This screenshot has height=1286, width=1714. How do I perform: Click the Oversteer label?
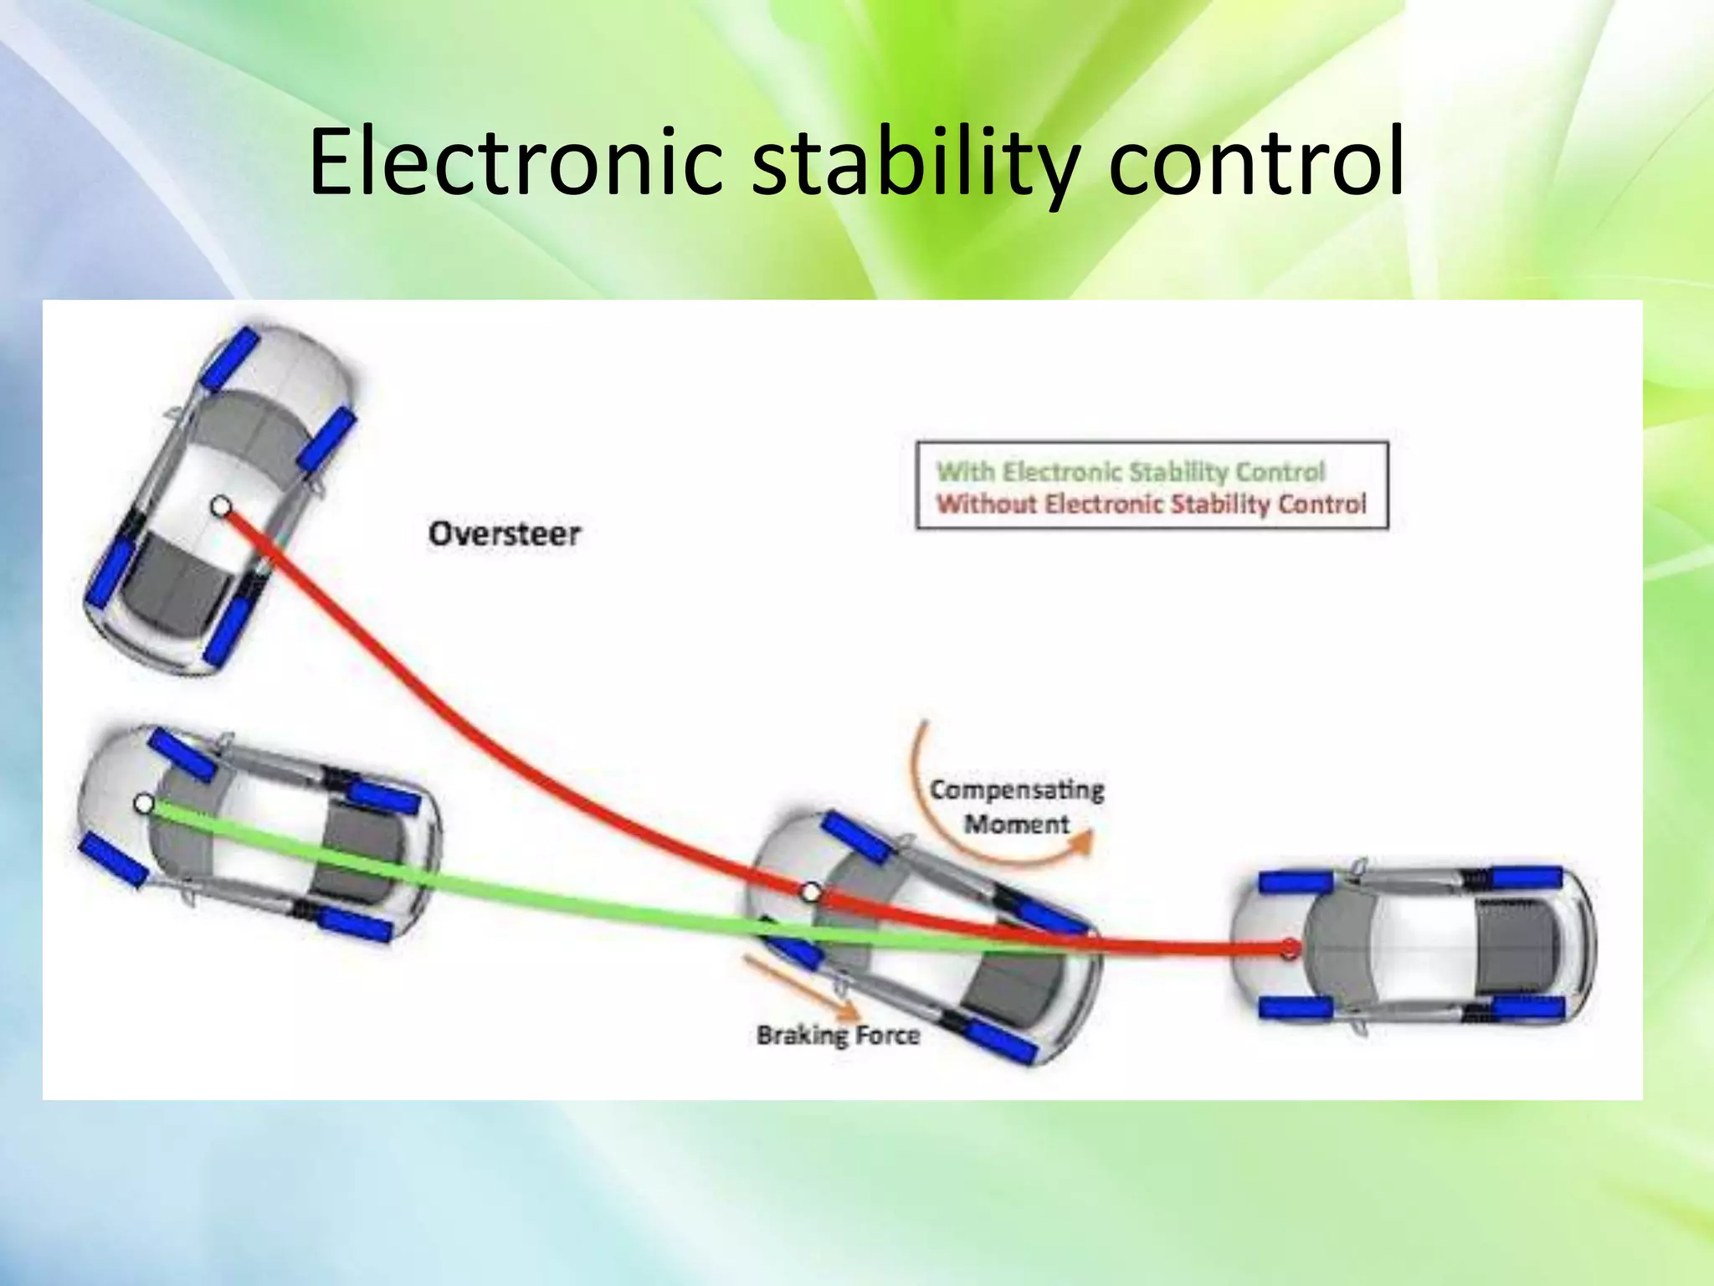point(504,534)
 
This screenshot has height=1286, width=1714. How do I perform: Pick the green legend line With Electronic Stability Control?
point(1130,471)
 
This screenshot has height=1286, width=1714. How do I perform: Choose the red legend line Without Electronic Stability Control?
point(1151,504)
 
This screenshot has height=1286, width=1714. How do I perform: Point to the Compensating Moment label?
point(1017,806)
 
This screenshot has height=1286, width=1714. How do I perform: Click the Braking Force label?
point(838,1036)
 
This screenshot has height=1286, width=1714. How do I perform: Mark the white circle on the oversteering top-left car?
point(220,507)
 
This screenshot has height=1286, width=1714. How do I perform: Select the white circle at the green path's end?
point(143,805)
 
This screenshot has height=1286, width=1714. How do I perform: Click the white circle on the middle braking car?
point(810,892)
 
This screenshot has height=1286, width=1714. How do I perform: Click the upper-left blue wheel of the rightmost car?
point(1296,882)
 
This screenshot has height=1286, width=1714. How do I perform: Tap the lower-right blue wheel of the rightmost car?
point(1527,1008)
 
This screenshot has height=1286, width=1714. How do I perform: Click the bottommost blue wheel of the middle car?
point(1001,1042)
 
